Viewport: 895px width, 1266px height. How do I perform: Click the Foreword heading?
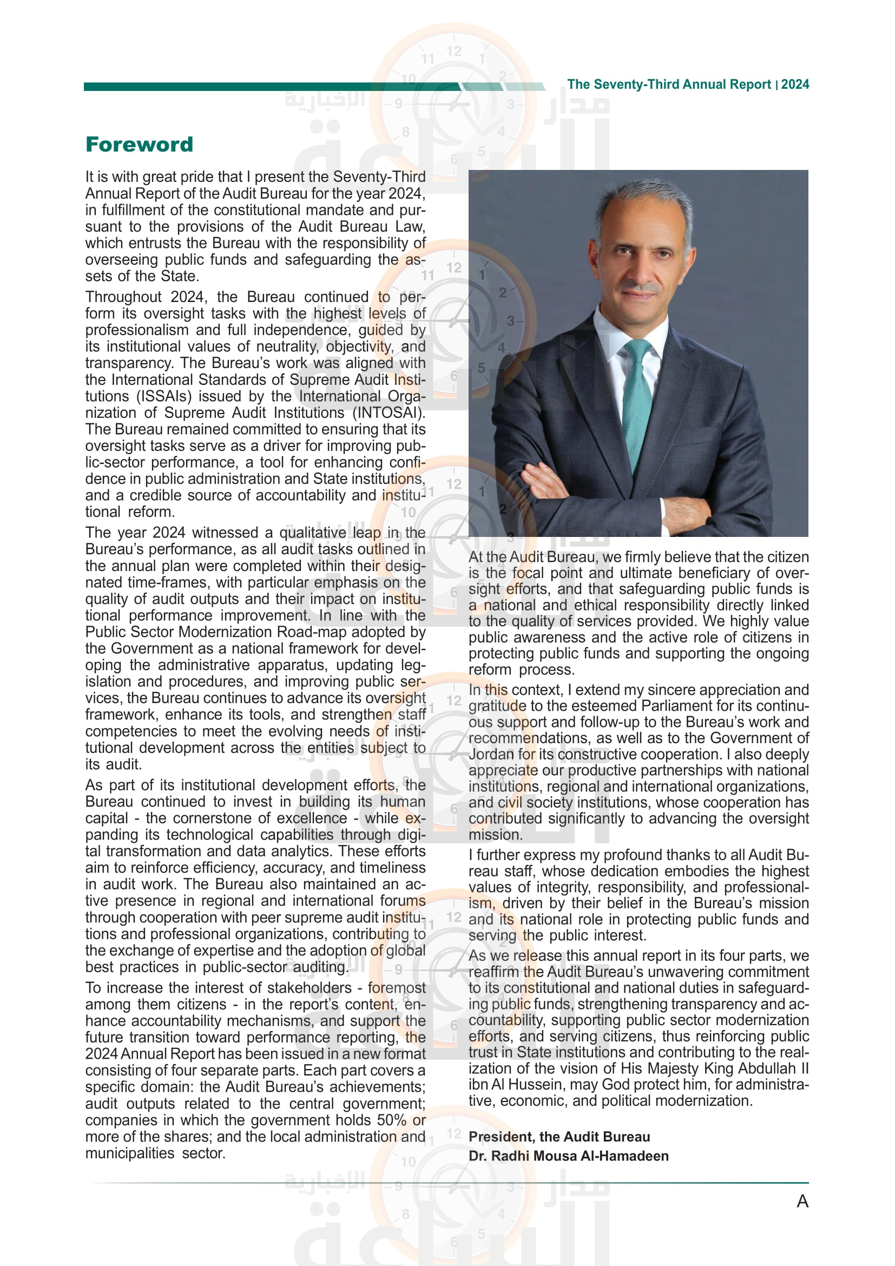pos(140,145)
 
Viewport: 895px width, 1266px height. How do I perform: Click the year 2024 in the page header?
pos(795,84)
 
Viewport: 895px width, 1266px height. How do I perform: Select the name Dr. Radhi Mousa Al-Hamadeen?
pos(568,1156)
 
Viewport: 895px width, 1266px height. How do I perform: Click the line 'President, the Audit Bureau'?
pos(559,1137)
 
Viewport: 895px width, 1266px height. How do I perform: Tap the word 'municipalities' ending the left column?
pos(129,1153)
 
